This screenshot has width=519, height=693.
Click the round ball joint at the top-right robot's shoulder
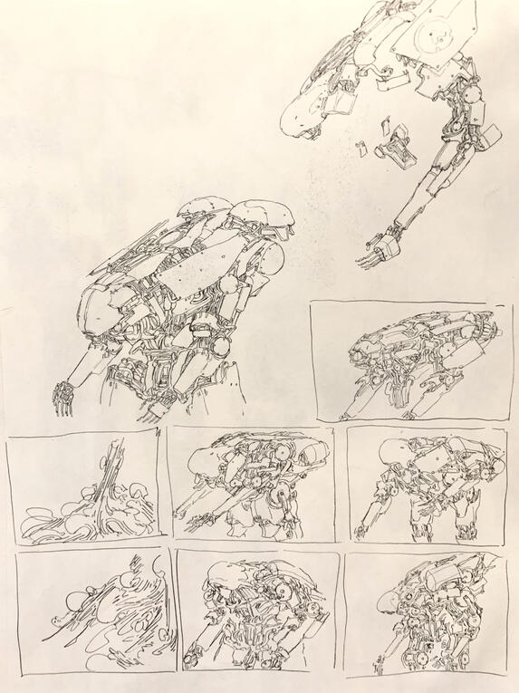(x=472, y=91)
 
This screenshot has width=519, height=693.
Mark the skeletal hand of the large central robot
(x=64, y=397)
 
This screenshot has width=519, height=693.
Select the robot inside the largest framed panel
(x=412, y=362)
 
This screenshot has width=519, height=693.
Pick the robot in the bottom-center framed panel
(x=258, y=616)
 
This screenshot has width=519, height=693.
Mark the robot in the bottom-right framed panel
(x=426, y=616)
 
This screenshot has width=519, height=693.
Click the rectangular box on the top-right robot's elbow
(x=489, y=137)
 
